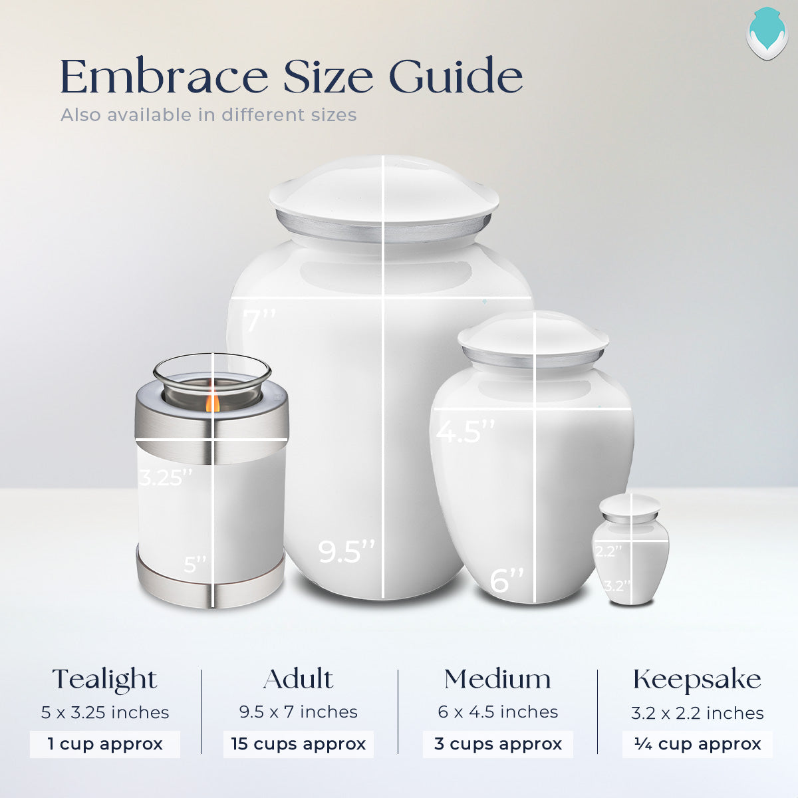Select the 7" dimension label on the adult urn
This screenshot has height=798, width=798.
tap(259, 321)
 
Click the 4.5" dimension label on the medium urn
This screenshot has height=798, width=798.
tap(465, 432)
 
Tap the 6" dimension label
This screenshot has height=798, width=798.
tap(507, 580)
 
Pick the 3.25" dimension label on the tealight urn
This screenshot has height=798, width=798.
tap(166, 477)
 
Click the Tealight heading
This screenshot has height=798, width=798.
tap(105, 680)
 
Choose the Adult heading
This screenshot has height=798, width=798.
tap(299, 679)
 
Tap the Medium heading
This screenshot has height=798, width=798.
tap(498, 679)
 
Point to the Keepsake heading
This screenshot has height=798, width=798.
tap(697, 680)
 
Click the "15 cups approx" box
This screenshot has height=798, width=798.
tap(299, 744)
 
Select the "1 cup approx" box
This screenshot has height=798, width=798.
tap(105, 744)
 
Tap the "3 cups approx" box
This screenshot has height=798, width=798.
tap(498, 744)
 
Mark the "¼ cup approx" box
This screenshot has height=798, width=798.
tap(698, 744)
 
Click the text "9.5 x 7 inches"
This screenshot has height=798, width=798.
tap(299, 712)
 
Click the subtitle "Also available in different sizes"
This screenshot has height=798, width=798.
tap(209, 115)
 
